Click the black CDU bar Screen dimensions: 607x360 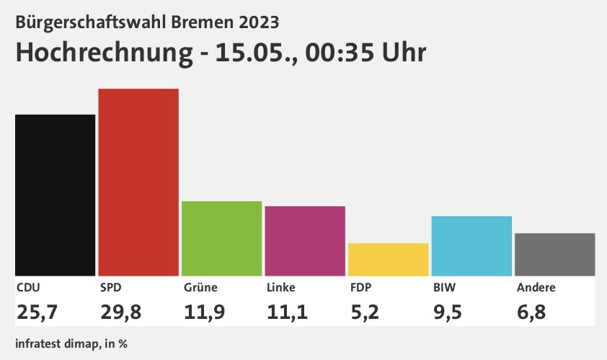point(55,196)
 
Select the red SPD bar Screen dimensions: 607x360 point(138,182)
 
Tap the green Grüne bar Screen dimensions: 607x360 point(222,239)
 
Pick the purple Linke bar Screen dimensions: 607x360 point(305,241)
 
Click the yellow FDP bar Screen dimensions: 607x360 point(389,260)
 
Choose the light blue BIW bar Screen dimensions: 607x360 point(471,246)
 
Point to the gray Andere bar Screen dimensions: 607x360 point(555,255)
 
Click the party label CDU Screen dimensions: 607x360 point(28,288)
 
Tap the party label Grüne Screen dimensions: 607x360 point(200,288)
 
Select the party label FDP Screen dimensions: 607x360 point(360,288)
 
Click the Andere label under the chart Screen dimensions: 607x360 point(536,288)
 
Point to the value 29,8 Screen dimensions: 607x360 point(121,312)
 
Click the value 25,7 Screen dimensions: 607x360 point(37,312)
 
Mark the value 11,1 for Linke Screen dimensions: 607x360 point(287,312)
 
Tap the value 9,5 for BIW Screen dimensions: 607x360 point(448,312)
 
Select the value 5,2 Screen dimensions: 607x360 point(365,312)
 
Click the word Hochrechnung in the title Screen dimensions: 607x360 point(104,53)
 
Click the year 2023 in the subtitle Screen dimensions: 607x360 point(259,22)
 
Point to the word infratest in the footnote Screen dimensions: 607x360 point(38,343)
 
